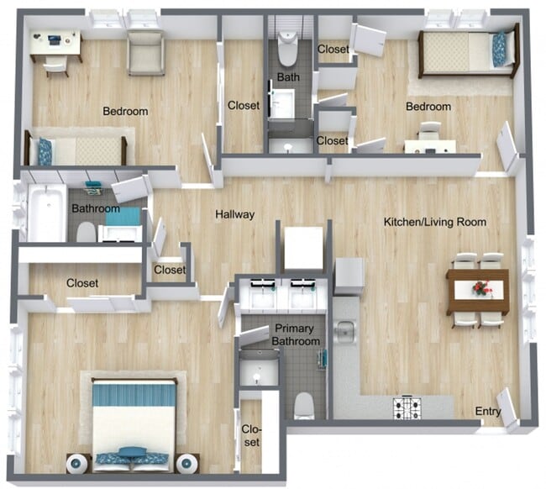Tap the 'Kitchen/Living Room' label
click(435, 222)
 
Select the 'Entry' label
click(488, 411)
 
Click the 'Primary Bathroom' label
click(297, 336)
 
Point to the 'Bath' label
click(286, 78)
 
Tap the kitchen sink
click(344, 333)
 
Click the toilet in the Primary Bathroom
click(304, 407)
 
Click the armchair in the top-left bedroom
click(145, 52)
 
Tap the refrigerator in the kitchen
click(349, 276)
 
